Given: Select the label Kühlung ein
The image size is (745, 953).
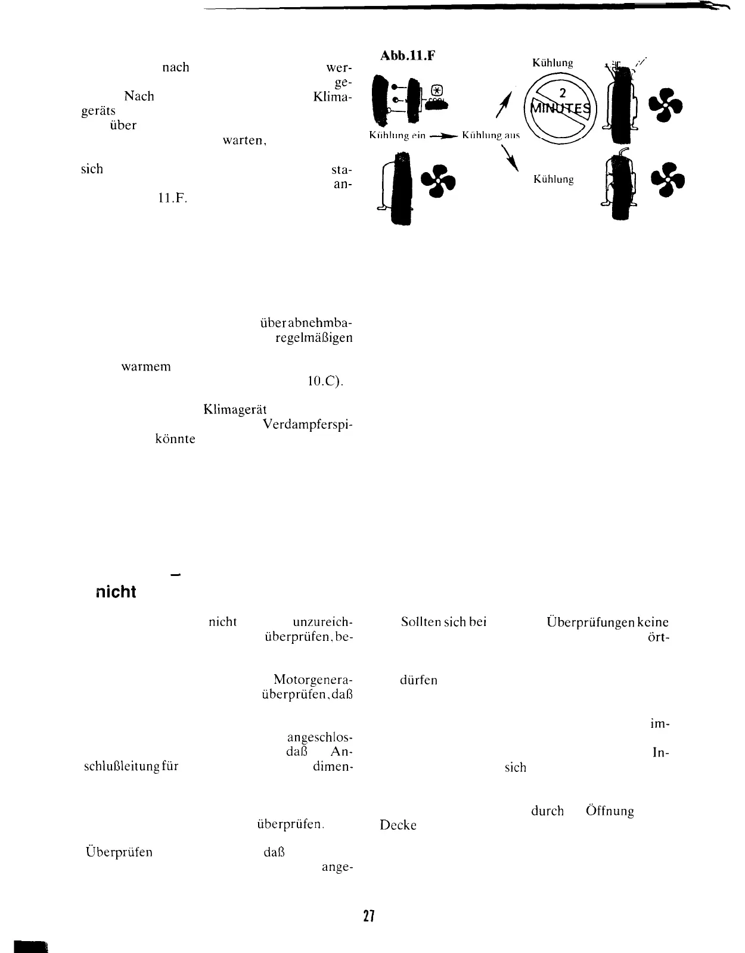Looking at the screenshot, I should [398, 135].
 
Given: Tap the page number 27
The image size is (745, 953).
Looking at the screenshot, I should [368, 916].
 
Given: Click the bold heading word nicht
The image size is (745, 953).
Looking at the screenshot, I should [116, 592].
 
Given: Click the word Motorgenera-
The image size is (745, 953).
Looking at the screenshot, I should [313, 680].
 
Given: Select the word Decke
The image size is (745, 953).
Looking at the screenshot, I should [398, 826].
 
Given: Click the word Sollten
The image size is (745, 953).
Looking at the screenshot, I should [421, 622].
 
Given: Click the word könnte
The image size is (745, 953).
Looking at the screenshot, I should [175, 439].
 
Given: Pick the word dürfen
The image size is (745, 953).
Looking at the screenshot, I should [419, 680].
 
